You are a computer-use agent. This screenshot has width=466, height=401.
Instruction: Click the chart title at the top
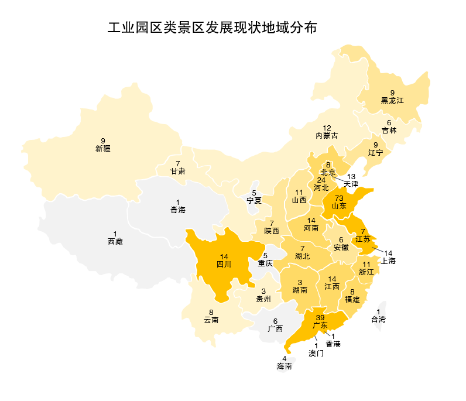[x=212, y=28]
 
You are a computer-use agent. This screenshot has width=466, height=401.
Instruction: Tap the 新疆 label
[x=103, y=149]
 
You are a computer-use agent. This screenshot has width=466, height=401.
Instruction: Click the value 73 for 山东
[x=339, y=198]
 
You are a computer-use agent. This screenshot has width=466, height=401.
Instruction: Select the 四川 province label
[x=224, y=264]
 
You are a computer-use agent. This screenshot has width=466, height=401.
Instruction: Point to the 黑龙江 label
[x=392, y=100]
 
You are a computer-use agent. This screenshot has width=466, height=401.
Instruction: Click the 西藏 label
[x=115, y=241]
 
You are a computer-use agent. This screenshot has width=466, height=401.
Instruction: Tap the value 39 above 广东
[x=320, y=317]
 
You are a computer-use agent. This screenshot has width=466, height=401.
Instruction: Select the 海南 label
[x=285, y=366]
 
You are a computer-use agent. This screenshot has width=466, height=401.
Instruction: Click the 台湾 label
[x=379, y=320]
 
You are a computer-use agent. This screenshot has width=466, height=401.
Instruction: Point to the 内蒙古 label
[x=327, y=135]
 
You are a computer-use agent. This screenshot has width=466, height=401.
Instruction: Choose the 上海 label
[x=388, y=261]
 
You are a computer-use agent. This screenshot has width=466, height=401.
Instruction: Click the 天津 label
[x=351, y=184]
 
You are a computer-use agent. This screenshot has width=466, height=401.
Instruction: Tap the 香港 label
[x=333, y=344]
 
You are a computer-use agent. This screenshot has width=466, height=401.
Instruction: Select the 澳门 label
[x=316, y=353]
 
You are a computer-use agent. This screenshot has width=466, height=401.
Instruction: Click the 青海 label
[x=178, y=210]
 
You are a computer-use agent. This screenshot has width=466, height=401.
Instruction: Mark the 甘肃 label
[x=178, y=171]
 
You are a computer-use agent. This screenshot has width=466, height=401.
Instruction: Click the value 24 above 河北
[x=321, y=180]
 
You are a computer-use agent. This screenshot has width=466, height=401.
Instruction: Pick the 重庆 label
[x=265, y=263]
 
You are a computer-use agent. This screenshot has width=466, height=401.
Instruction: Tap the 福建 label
[x=352, y=299]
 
